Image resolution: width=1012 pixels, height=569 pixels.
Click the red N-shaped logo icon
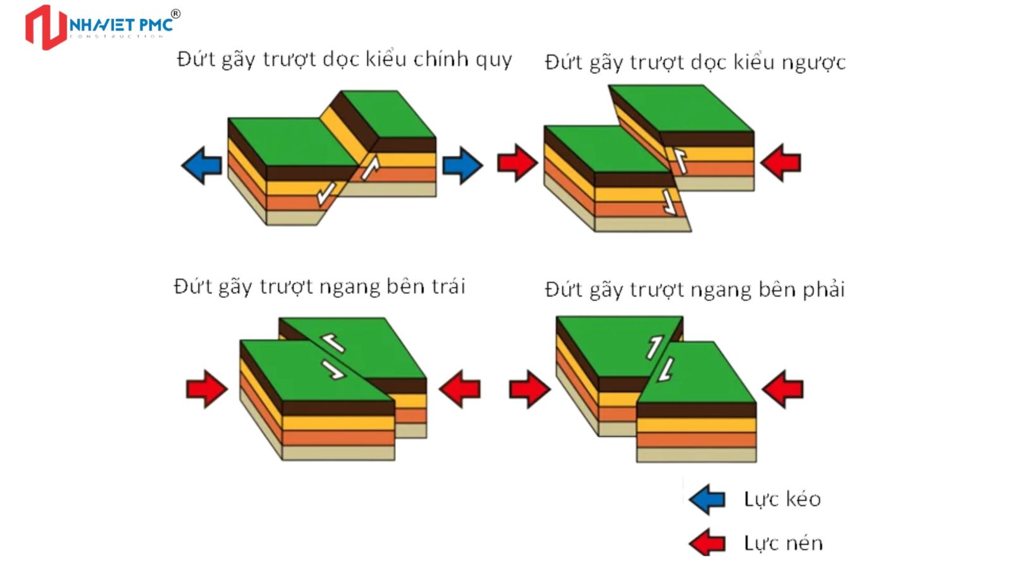point(46,27)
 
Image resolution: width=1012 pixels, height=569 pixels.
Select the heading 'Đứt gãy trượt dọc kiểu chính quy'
point(344,59)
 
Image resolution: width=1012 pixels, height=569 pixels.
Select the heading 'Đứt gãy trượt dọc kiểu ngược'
point(694,63)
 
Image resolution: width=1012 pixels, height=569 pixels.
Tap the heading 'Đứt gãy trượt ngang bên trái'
point(319,287)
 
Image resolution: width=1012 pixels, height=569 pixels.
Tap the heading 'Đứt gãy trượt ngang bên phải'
point(694,290)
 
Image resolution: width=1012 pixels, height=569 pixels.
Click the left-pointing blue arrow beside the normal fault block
point(202,166)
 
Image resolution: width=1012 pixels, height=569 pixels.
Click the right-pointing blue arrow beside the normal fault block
point(462,166)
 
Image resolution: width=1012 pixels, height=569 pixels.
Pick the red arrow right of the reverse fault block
point(781,162)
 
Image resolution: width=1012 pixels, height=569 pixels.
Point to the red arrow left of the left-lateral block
point(207,389)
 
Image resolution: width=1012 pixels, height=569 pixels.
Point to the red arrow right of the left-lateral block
point(460,389)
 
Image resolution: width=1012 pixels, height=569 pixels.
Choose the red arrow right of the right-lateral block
point(783,389)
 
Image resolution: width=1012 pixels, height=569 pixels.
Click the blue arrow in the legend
point(707,499)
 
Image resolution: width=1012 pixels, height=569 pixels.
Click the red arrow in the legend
point(707,543)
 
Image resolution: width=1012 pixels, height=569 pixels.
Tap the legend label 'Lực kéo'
point(782,499)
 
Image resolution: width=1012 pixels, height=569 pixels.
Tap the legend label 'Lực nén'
point(783,543)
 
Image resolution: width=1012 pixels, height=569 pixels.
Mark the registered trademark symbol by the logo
point(176,14)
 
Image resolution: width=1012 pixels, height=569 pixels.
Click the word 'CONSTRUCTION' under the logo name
point(117,37)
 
